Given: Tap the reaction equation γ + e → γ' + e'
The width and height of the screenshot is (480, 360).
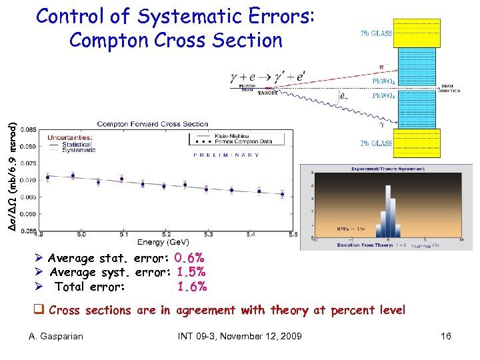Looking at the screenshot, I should click(x=266, y=77).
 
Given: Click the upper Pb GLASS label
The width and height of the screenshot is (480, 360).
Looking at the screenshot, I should click(x=377, y=32).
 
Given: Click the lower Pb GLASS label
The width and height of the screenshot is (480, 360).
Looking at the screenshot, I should click(x=377, y=143).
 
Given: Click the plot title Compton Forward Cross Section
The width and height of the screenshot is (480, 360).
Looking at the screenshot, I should click(x=153, y=124).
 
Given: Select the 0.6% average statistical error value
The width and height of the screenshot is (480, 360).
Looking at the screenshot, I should click(x=189, y=258).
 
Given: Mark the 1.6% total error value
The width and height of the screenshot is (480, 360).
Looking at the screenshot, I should click(x=192, y=287).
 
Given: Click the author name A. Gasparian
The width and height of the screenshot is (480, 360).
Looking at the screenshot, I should click(x=57, y=336).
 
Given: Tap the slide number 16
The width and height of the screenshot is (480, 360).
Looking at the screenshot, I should click(x=446, y=336).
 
